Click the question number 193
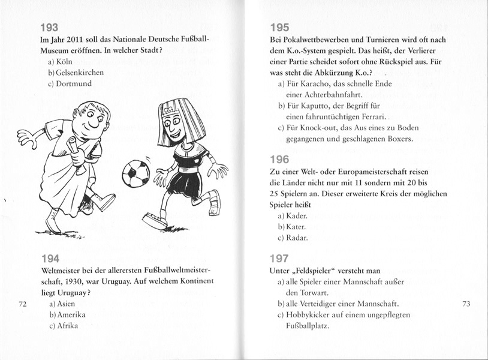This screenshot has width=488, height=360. [x=49, y=27]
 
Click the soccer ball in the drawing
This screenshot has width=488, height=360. [x=135, y=172]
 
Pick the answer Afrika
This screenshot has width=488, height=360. [x=68, y=326]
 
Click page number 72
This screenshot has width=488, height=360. [x=24, y=304]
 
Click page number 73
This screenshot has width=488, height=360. [x=468, y=304]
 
